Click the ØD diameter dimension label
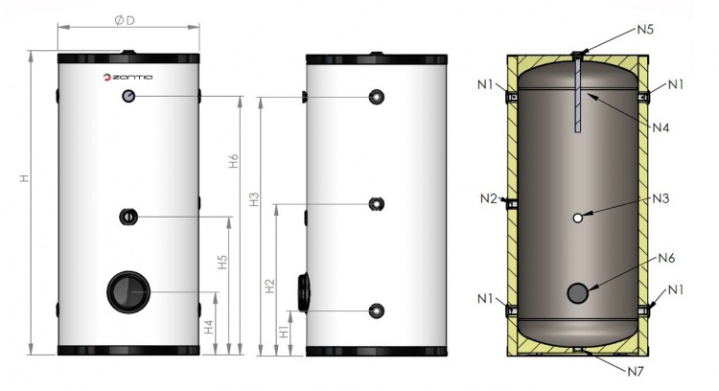pyautogui.click(x=125, y=21)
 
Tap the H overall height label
pyautogui.click(x=24, y=178)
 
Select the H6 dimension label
pyautogui.click(x=234, y=161)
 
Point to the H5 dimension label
pyautogui.click(x=222, y=262)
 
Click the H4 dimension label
pyautogui.click(x=209, y=327)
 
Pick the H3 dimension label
pyautogui.click(x=254, y=199)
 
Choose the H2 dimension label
pyautogui.click(x=270, y=286)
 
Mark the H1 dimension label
pyautogui.click(x=285, y=332)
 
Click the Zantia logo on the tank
pyautogui.click(x=128, y=77)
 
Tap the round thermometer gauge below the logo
pyautogui.click(x=128, y=96)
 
